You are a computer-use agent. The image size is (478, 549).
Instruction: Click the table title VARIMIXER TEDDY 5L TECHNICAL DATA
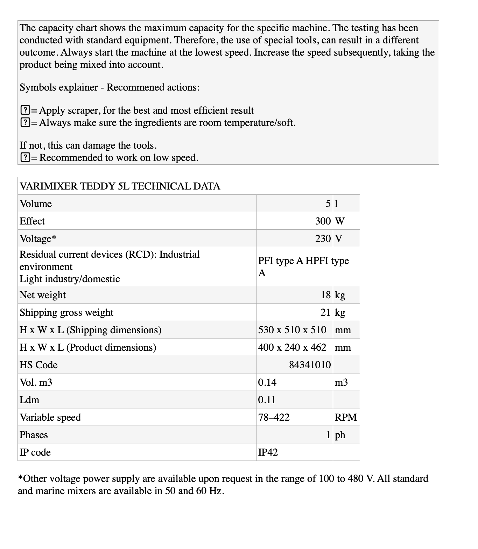[120, 186]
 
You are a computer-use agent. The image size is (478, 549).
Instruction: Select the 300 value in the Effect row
[323, 221]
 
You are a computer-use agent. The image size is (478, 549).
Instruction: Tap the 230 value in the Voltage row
[323, 238]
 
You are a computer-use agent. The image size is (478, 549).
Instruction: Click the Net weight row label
[43, 295]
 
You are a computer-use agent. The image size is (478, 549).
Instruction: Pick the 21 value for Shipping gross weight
[325, 312]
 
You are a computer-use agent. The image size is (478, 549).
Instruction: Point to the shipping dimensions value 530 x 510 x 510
[292, 330]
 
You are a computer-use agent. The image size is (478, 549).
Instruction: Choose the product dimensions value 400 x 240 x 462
[292, 347]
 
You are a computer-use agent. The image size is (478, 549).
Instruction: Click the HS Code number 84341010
[310, 365]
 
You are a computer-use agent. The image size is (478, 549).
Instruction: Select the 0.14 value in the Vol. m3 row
[267, 382]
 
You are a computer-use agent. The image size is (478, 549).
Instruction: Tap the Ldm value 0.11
[267, 400]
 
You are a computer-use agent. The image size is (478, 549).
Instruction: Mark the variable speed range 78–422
[274, 417]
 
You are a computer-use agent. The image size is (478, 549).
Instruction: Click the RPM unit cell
[346, 417]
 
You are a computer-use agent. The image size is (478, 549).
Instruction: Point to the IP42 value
[268, 452]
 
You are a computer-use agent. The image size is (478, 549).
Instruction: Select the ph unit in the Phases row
[340, 435]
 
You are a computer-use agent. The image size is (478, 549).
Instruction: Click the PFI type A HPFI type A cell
[303, 266]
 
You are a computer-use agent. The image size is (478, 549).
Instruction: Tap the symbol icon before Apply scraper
[25, 110]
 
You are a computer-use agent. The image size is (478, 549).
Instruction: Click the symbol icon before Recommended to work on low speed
[25, 158]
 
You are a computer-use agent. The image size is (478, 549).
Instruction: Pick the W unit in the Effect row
[339, 221]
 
